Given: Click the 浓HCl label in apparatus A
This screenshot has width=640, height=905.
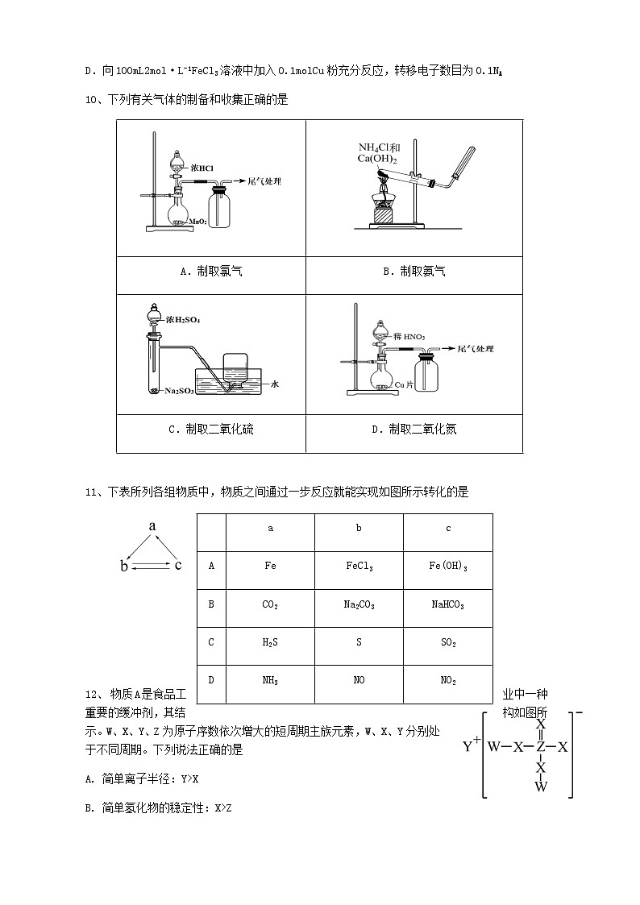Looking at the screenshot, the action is click(x=202, y=168).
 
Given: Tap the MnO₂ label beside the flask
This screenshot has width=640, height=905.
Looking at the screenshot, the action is click(x=199, y=221).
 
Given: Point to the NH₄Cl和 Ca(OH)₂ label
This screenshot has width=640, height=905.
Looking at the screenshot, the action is click(x=378, y=153).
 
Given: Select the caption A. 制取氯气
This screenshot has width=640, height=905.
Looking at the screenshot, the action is click(x=210, y=272).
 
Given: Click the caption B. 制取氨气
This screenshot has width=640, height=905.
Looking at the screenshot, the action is click(x=414, y=272).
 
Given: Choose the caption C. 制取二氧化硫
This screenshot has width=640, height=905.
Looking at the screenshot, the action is click(x=210, y=430).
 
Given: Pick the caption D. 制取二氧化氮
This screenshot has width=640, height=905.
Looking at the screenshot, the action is click(x=414, y=430).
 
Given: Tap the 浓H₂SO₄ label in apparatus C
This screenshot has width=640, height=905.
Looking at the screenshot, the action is click(x=183, y=320).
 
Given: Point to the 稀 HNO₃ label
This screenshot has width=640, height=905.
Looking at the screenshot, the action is click(x=410, y=335).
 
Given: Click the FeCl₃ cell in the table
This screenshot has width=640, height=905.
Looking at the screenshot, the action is click(x=359, y=567).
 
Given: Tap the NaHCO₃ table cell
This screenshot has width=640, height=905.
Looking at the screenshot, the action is click(x=447, y=604).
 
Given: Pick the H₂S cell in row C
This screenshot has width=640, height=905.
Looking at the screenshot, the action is click(x=270, y=642).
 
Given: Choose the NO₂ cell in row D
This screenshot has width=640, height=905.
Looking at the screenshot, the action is click(x=447, y=680).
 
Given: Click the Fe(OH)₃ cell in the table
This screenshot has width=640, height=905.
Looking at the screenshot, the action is click(x=447, y=567).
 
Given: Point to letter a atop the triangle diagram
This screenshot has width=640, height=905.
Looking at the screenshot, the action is click(x=152, y=525).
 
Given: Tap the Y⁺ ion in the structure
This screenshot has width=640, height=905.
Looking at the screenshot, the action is click(x=472, y=745).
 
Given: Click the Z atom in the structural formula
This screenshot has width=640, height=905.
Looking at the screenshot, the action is click(x=541, y=746).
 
